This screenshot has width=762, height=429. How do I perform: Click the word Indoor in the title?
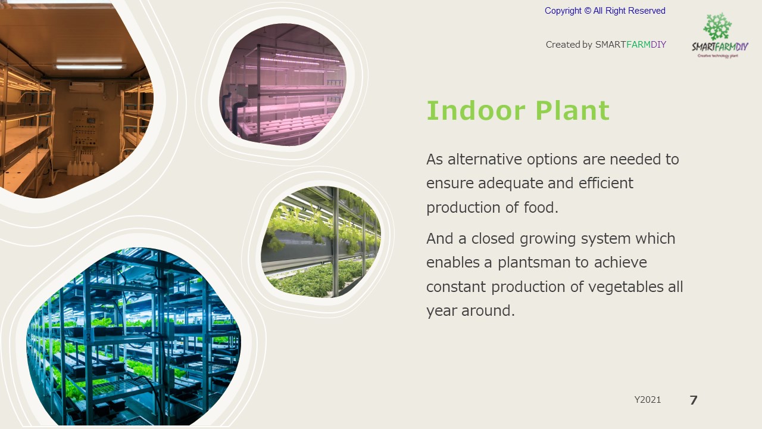pos(476,110)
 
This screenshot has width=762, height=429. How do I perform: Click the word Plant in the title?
pos(573,110)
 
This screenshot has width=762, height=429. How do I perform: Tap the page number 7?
pos(694,400)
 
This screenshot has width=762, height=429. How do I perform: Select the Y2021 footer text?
pos(648,400)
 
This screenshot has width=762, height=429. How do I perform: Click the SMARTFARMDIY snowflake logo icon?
pos(717,27)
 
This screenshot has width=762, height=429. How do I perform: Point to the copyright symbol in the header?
pos(588,11)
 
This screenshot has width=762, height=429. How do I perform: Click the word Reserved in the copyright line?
pos(647,11)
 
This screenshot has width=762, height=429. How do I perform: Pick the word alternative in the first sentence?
pos(485,159)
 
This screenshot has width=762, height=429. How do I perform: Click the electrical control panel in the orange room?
pos(86,128)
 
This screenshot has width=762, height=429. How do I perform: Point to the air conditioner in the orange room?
pos(86,87)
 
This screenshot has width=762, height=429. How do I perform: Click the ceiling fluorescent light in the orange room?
pos(90,66)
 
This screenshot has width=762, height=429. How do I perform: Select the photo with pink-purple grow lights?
pos(283,85)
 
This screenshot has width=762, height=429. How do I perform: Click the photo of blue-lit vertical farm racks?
pos(134,337)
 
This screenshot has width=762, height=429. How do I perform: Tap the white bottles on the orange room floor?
pos(83,168)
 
